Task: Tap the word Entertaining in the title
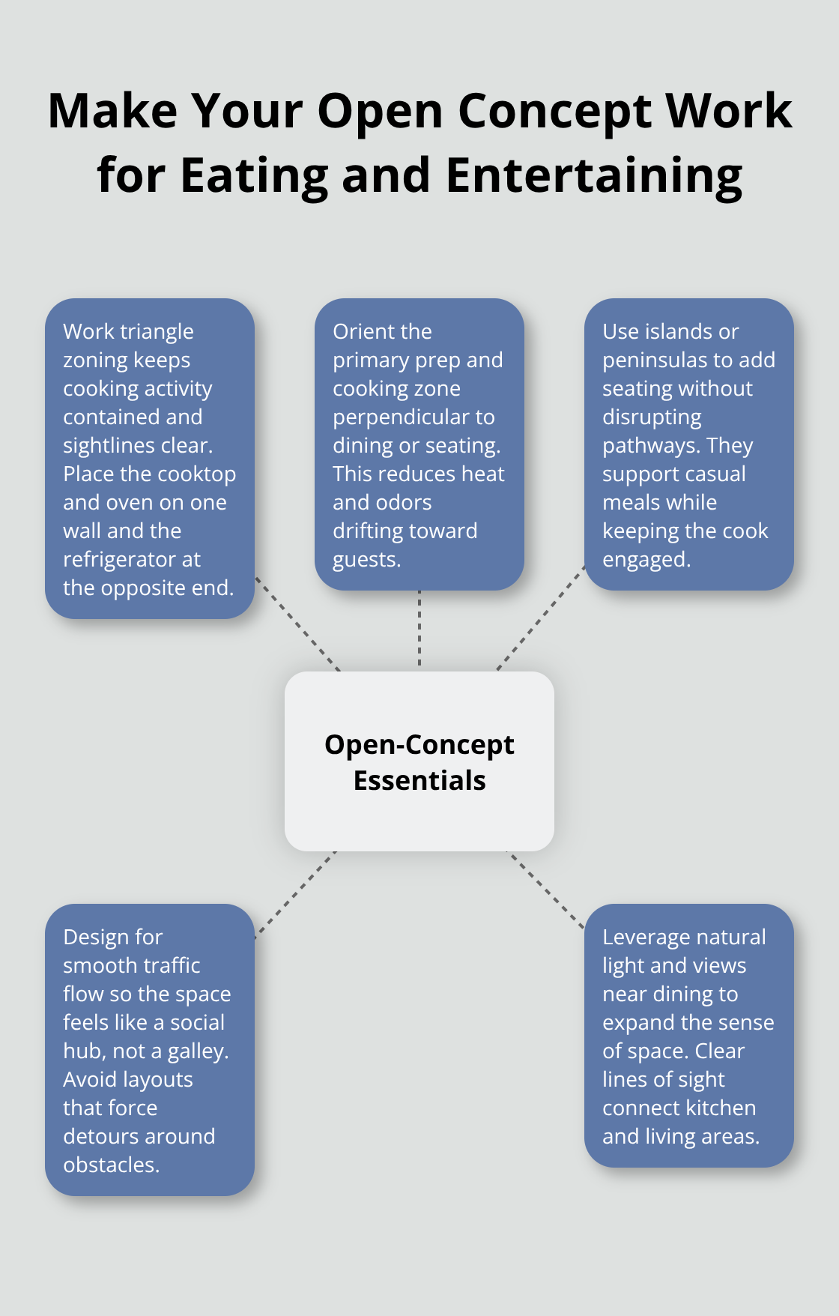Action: pos(594,175)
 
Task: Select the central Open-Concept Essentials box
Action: pos(419,761)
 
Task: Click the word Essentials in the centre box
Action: pos(419,780)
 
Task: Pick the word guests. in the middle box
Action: pos(366,559)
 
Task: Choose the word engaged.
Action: pos(646,559)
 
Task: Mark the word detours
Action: pos(97,1136)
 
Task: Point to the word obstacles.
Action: pos(111,1165)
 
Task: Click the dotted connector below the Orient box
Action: pos(419,630)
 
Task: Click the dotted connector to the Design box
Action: pos(295,893)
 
